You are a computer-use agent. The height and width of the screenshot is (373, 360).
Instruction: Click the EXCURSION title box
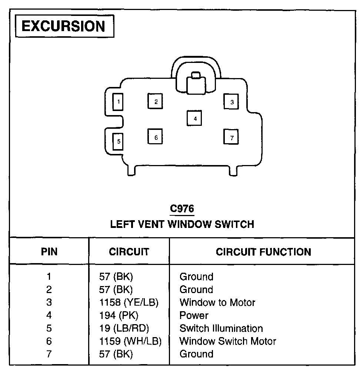pyautogui.click(x=64, y=26)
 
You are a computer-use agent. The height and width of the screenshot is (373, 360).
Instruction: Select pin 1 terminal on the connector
pyautogui.click(x=118, y=101)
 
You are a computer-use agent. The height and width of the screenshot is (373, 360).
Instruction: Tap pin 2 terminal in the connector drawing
pyautogui.click(x=156, y=101)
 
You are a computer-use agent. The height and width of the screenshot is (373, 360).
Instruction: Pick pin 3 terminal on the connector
pyautogui.click(x=231, y=102)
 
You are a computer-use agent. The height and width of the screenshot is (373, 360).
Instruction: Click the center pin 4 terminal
pyautogui.click(x=194, y=118)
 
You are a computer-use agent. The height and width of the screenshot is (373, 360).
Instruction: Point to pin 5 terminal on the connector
pyautogui.click(x=118, y=141)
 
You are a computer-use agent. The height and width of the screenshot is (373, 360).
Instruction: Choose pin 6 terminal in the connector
pyautogui.click(x=156, y=137)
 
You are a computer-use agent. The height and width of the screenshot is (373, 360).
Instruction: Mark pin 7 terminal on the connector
pyautogui.click(x=231, y=137)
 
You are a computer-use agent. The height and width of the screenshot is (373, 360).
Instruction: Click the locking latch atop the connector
pyautogui.click(x=196, y=83)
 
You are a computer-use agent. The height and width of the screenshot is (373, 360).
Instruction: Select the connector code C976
pyautogui.click(x=181, y=209)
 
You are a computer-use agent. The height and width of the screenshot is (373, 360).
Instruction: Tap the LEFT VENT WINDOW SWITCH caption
pyautogui.click(x=182, y=224)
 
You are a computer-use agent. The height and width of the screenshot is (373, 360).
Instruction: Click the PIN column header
pyautogui.click(x=49, y=252)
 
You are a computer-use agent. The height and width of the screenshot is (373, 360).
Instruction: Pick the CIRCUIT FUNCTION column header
pyautogui.click(x=263, y=252)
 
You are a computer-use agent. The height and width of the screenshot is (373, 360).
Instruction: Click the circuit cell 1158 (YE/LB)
pyautogui.click(x=129, y=302)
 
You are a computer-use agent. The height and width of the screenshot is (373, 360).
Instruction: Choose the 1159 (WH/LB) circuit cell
pyautogui.click(x=130, y=341)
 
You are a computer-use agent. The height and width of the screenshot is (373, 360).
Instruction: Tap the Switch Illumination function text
pyautogui.click(x=221, y=328)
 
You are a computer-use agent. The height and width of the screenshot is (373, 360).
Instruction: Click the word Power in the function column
pyautogui.click(x=194, y=315)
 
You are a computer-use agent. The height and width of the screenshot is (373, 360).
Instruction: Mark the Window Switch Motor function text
pyautogui.click(x=228, y=341)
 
